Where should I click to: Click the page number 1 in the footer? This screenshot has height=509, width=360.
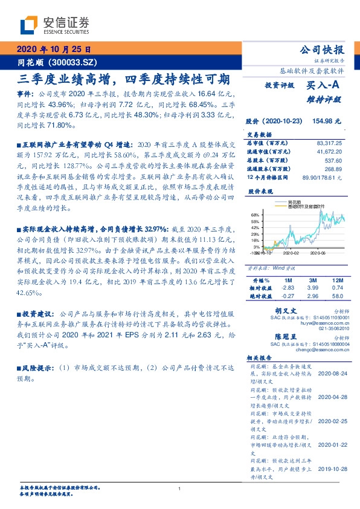pos(180,488)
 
